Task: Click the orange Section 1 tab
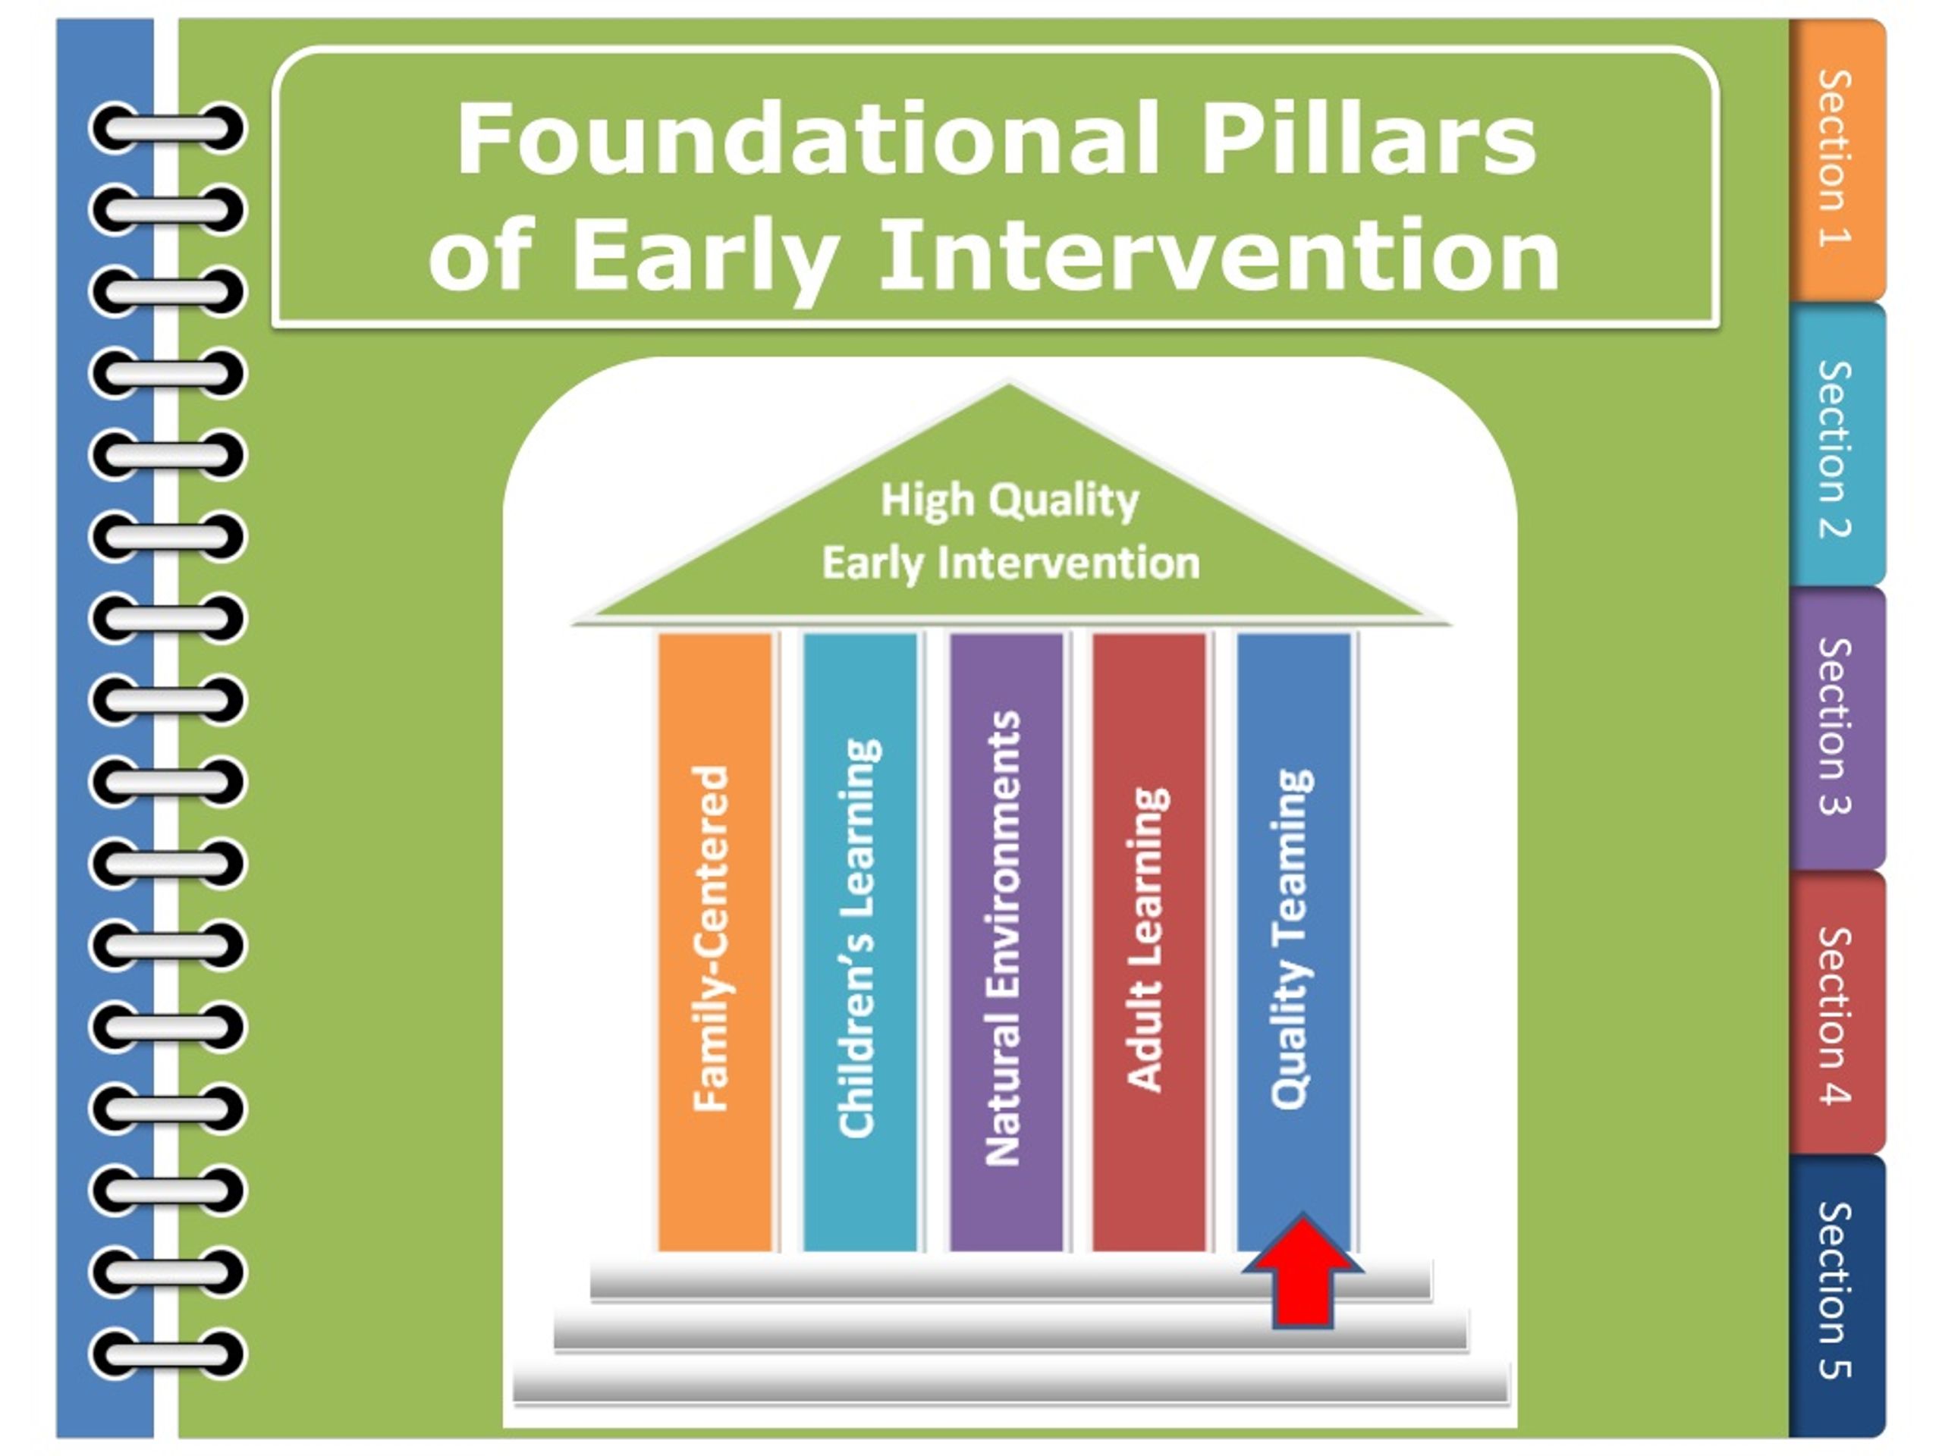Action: coord(1837,160)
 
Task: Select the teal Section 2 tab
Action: coord(1837,445)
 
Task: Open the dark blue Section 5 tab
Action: coord(1837,1296)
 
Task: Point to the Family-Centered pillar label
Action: coord(711,939)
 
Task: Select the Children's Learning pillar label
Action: coord(859,939)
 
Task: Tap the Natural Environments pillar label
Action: coord(1004,939)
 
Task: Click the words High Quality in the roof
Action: coord(1010,500)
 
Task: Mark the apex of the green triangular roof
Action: coord(1009,384)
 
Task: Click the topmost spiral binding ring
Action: coord(167,128)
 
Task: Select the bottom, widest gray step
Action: coord(1010,1384)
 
